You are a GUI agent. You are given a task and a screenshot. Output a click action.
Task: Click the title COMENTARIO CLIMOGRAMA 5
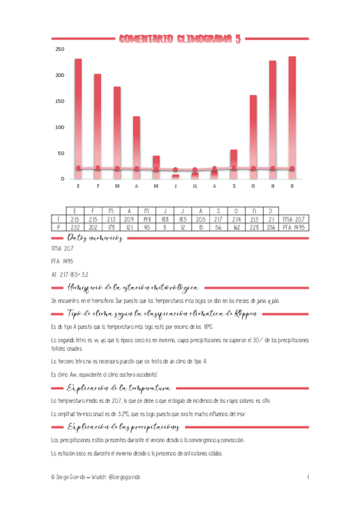(x=180, y=40)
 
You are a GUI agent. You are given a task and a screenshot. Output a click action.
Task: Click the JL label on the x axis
(x=194, y=186)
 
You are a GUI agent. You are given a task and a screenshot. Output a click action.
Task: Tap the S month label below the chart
(x=233, y=186)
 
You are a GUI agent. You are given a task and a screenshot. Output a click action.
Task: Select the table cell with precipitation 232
(x=75, y=227)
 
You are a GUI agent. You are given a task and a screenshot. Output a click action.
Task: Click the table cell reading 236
(x=272, y=227)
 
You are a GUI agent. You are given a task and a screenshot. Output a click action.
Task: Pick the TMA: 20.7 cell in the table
(x=294, y=220)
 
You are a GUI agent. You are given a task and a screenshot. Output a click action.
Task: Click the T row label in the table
(x=58, y=220)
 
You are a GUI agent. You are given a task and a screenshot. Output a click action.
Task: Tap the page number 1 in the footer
(x=308, y=476)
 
